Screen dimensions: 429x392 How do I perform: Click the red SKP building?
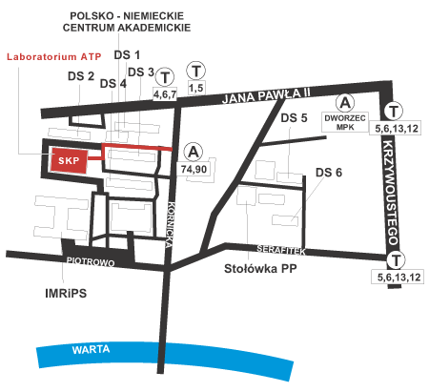pyautogui.click(x=69, y=160)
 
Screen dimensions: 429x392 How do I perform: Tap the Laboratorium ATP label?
pyautogui.click(x=54, y=57)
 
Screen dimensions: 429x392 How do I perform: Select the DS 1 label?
pyautogui.click(x=127, y=55)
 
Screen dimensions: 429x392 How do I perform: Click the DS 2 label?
pyautogui.click(x=81, y=76)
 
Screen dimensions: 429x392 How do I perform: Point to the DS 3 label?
pyautogui.click(x=141, y=72)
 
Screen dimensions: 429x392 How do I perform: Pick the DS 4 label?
pyautogui.click(x=113, y=84)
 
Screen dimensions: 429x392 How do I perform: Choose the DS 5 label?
pyautogui.click(x=294, y=118)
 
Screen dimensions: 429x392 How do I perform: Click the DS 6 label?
pyautogui.click(x=329, y=173)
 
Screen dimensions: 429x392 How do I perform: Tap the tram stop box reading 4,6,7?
pyautogui.click(x=165, y=93)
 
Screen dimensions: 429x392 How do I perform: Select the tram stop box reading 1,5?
pyautogui.click(x=196, y=88)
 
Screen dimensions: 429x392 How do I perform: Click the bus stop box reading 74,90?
pyautogui.click(x=194, y=169)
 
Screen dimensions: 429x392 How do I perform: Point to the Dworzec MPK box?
pyautogui.click(x=345, y=122)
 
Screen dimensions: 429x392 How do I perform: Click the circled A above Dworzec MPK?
pyautogui.click(x=345, y=103)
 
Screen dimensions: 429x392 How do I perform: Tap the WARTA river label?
pyautogui.click(x=91, y=350)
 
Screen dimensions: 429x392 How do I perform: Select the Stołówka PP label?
pyautogui.click(x=260, y=269)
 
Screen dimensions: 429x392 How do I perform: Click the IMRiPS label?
pyautogui.click(x=66, y=293)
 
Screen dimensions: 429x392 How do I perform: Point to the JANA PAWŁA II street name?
pyautogui.click(x=266, y=95)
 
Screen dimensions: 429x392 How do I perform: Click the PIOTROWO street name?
pyautogui.click(x=91, y=261)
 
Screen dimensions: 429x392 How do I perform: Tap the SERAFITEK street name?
pyautogui.click(x=281, y=250)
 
